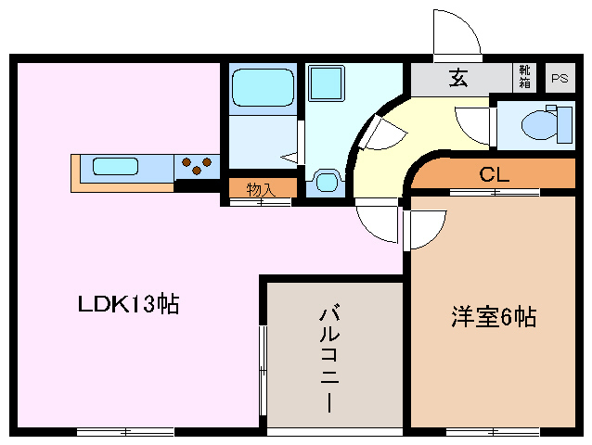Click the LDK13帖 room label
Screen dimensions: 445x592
[x=128, y=304]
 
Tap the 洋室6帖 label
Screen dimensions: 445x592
[x=494, y=317]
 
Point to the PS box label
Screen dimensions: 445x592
[x=559, y=79]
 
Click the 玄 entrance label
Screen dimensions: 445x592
[x=458, y=79]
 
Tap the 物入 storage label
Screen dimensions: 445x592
[x=261, y=188]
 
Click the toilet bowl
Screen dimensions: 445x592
[x=540, y=124]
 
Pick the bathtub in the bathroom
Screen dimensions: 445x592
[x=263, y=88]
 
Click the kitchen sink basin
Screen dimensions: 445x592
[x=115, y=168]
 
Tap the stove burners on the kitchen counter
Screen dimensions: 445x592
[x=196, y=167]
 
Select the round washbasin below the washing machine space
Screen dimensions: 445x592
[x=326, y=182]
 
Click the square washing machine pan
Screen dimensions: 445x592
[x=327, y=84]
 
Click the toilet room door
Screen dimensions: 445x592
[x=473, y=122]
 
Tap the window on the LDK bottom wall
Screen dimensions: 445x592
[x=125, y=431]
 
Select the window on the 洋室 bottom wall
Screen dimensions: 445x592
[x=493, y=431]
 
